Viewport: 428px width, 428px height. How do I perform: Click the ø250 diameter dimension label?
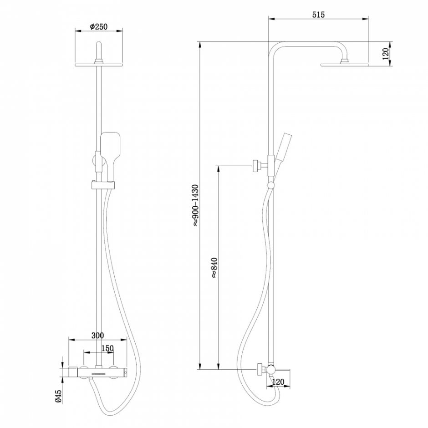coord(98,27)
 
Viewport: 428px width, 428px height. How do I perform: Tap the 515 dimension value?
coord(318,15)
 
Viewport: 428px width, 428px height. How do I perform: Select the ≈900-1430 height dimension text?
coord(195,205)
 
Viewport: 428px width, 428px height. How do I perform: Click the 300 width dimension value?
coord(97,336)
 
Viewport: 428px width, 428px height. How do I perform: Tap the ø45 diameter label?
coord(59,396)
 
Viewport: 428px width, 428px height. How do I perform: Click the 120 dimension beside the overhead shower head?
coord(385,54)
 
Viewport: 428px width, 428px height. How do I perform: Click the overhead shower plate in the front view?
coord(98,65)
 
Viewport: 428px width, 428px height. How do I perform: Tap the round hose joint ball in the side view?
coord(271,185)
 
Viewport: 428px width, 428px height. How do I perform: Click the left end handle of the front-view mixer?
coord(73,372)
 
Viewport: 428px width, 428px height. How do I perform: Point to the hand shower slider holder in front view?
coord(102,185)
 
